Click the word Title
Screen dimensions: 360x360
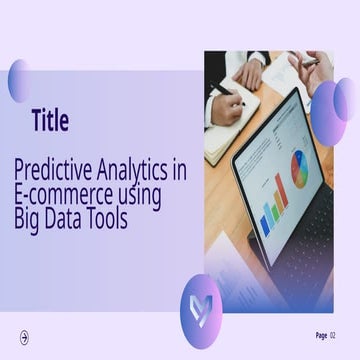coord(50,122)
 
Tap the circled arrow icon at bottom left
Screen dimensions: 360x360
coord(25,337)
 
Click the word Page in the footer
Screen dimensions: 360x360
coord(321,336)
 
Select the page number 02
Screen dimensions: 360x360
coord(333,336)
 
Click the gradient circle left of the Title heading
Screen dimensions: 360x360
coord(20,81)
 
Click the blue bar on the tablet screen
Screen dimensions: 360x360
coord(266,218)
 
